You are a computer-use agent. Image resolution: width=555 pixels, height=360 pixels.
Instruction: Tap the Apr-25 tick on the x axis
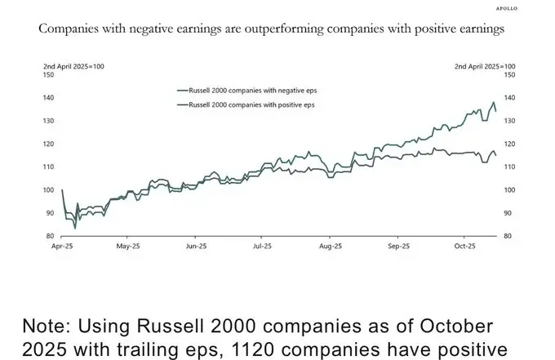pyautogui.click(x=62, y=245)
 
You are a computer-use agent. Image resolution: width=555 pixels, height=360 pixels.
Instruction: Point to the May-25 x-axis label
pyautogui.click(x=130, y=245)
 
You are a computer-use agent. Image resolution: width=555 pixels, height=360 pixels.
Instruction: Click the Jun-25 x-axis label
pyautogui.click(x=195, y=245)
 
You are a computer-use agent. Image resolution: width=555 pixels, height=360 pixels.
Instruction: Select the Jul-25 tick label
pyautogui.click(x=262, y=245)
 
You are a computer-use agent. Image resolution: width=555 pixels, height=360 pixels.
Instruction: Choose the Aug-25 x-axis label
pyautogui.click(x=329, y=245)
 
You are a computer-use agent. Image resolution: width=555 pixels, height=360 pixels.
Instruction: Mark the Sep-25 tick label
pyautogui.click(x=397, y=245)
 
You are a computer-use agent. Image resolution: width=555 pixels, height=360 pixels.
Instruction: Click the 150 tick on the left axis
pyautogui.click(x=48, y=74)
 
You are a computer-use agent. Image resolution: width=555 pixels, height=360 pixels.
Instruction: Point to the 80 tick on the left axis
pyautogui.click(x=50, y=236)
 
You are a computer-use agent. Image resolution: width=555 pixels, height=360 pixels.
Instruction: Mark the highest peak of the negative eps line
pyautogui.click(x=493, y=103)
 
